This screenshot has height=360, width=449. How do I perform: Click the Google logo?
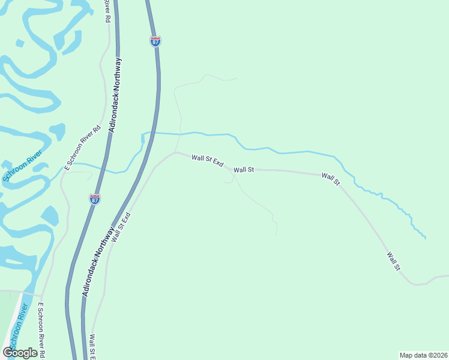tap(20, 352)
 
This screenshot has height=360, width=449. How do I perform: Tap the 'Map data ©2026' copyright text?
tap(423, 355)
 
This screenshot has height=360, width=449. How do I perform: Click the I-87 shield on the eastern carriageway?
tap(155, 41)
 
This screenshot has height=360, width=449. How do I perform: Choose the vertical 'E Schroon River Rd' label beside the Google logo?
tap(42, 329)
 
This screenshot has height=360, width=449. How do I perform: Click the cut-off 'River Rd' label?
tap(107, 11)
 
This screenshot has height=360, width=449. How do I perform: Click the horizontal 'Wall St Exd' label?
tap(208, 161)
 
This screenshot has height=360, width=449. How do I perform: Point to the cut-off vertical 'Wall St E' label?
tap(93, 347)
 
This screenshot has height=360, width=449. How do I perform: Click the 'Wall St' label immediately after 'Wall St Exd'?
tap(244, 170)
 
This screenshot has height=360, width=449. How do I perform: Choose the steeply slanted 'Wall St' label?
tap(394, 260)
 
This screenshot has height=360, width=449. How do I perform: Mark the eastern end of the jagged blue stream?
tap(426, 238)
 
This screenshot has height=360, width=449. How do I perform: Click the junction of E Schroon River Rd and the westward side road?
tap(41, 296)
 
